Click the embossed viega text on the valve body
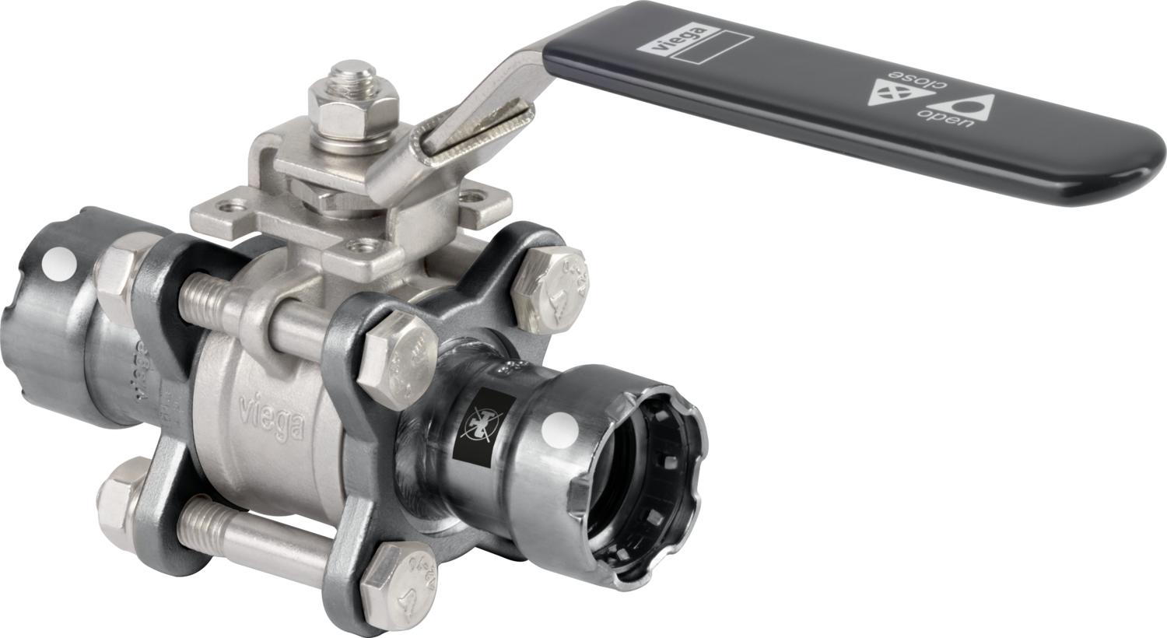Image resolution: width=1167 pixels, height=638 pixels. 270,416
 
